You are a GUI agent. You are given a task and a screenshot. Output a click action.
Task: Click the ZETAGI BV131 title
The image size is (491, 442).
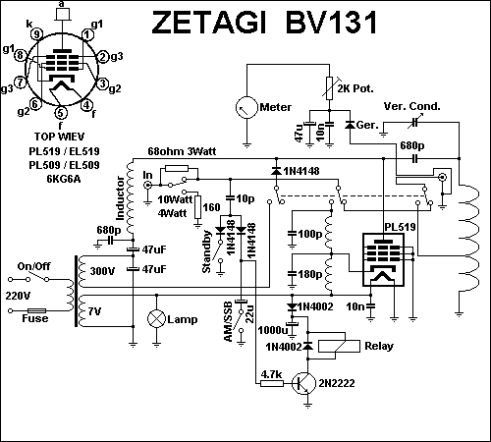point(264,23)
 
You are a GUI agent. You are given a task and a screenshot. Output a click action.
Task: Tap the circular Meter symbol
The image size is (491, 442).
point(246,107)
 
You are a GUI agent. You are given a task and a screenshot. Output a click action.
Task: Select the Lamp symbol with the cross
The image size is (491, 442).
point(156,319)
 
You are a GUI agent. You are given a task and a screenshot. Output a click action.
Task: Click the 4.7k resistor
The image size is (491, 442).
point(272,383)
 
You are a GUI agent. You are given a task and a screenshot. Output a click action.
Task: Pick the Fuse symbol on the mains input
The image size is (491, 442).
point(36,310)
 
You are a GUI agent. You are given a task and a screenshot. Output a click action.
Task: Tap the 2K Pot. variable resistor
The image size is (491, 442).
point(330,87)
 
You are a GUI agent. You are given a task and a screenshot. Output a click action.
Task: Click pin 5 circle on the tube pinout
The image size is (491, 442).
point(60,113)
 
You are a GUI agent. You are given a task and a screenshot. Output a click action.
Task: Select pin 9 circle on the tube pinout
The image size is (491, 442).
point(36,34)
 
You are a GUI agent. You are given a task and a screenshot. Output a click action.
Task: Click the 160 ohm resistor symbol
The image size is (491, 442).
point(197,207)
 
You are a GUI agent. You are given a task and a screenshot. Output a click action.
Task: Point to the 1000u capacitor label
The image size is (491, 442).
point(272,330)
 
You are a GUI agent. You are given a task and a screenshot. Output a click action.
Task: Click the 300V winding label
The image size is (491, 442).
point(102,271)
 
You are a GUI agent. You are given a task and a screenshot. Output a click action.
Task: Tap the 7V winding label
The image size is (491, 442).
point(94,311)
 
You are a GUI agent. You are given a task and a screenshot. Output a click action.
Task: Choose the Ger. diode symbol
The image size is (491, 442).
point(351,125)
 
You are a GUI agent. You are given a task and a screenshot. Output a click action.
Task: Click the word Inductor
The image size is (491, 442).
point(120,198)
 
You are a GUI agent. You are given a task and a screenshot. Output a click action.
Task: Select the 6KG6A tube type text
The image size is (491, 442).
point(64,179)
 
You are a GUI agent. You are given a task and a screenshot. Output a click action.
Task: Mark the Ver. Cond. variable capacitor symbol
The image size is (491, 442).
point(415,122)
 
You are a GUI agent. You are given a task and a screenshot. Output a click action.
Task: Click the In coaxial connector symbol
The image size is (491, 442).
point(148,186)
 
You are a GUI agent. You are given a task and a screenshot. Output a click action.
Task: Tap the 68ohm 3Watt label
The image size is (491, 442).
point(182,151)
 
